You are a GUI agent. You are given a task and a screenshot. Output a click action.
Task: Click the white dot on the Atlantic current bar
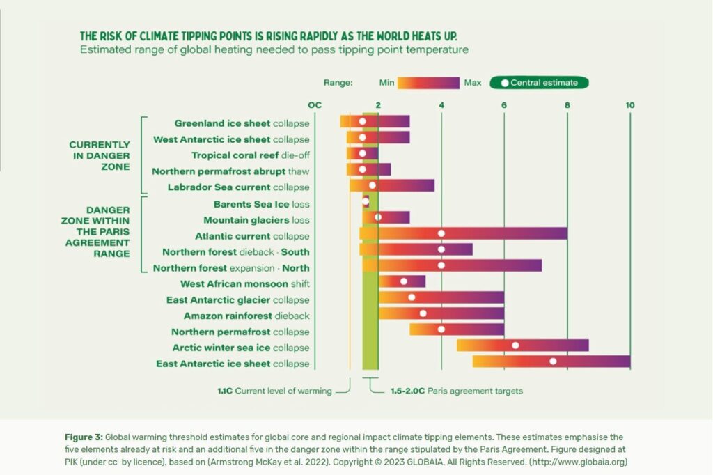tap(441, 233)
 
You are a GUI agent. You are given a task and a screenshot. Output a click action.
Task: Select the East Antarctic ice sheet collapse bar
tap(551, 361)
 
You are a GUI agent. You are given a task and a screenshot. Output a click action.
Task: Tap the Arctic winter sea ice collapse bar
tap(522, 345)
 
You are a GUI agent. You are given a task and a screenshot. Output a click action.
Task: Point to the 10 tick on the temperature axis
tap(629, 104)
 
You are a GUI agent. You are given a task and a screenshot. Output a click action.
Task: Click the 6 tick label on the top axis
tap(503, 104)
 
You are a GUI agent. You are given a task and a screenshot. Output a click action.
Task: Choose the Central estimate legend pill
tap(539, 83)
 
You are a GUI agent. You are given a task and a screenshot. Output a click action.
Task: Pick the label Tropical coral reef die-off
tap(251, 155)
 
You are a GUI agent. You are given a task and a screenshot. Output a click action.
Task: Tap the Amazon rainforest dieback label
tap(246, 316)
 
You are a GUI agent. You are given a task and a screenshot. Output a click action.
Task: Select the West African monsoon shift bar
tap(402, 281)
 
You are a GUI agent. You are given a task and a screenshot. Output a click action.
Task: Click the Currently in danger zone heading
tap(100, 155)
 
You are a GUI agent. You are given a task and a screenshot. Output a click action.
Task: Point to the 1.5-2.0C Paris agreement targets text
tap(456, 391)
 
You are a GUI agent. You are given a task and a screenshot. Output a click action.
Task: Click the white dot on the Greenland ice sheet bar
tap(362, 121)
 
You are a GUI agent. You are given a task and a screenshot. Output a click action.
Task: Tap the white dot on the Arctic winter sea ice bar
tap(515, 345)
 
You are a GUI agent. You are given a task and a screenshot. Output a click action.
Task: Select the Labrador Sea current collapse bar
tap(392, 185)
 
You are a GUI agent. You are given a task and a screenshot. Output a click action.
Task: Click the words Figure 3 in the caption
tap(83, 437)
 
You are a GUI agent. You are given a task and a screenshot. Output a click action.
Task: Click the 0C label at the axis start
tap(315, 104)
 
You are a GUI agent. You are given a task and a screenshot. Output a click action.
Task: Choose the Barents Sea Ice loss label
tap(262, 204)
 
